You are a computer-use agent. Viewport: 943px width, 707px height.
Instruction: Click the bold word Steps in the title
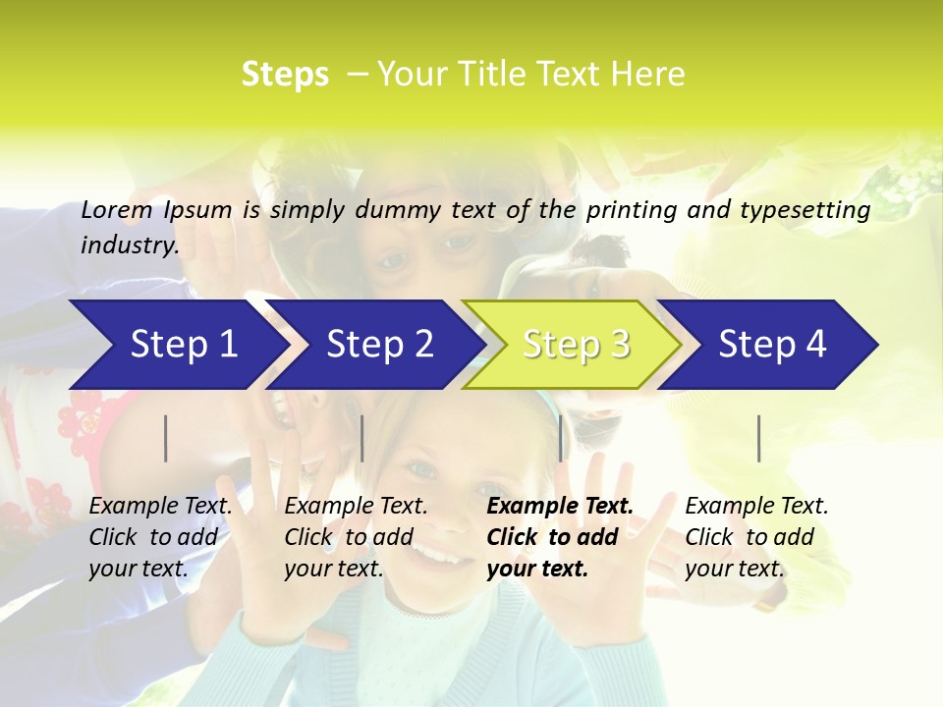point(285,74)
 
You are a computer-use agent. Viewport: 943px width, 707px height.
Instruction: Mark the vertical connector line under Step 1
point(166,438)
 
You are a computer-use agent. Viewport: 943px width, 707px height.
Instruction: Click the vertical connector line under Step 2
point(362,438)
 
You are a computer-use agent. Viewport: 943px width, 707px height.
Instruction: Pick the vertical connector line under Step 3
point(561,438)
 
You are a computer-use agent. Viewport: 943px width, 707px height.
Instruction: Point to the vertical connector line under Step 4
point(759,438)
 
